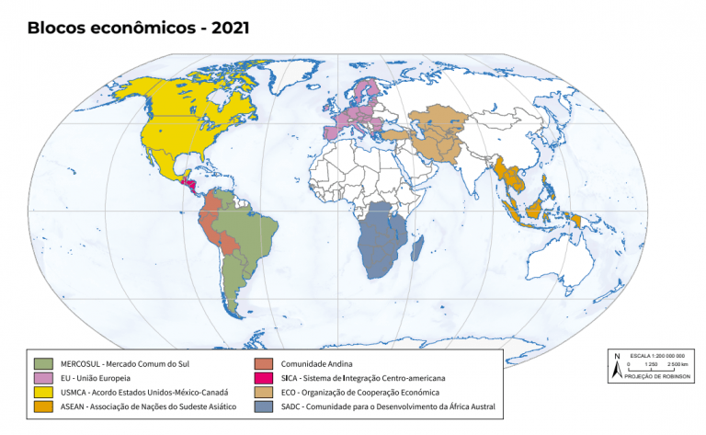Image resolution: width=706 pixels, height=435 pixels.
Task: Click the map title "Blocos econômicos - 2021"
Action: point(138,28)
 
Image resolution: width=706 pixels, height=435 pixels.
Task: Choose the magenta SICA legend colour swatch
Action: point(264,378)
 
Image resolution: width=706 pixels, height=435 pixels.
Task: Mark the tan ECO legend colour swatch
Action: point(264,392)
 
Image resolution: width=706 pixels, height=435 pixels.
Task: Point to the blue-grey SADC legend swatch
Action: point(264,405)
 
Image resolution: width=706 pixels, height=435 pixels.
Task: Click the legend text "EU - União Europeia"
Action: point(97,378)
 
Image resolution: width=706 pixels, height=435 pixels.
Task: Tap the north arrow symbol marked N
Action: point(616,365)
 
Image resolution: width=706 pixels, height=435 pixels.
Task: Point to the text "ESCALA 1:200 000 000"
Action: point(656,355)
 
